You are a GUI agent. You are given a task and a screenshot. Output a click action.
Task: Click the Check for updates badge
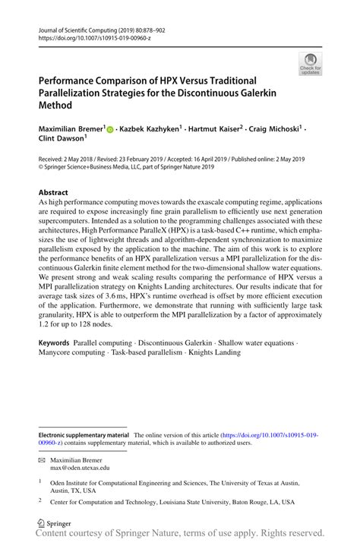(x=311, y=65)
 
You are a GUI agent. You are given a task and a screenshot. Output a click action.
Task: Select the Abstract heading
(x=53, y=193)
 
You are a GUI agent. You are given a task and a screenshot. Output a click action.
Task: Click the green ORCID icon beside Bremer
(x=110, y=130)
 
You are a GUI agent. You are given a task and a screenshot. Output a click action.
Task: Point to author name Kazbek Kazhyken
(x=150, y=130)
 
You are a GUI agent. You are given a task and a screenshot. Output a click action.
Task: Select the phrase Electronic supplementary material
(x=84, y=435)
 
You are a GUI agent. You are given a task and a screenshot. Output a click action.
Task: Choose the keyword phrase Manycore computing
(x=74, y=352)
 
